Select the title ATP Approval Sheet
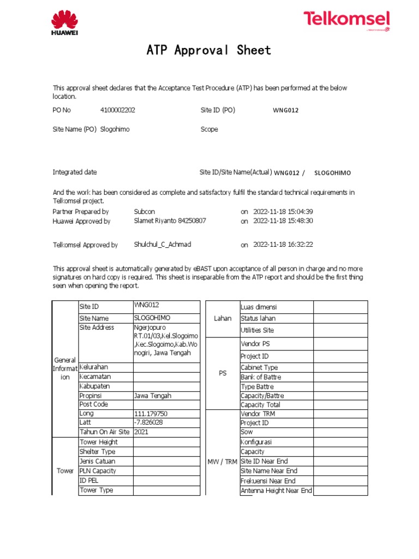point(209,51)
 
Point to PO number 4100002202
point(117,110)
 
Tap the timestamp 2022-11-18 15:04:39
point(283,211)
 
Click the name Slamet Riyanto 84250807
point(170,221)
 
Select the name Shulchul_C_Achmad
point(163,245)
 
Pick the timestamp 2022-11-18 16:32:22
point(283,245)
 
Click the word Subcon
point(145,211)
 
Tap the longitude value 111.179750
point(151,414)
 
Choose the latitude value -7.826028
point(148,423)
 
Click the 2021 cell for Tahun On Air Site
point(141,432)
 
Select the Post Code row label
point(94,405)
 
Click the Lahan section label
point(223,318)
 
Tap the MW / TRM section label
point(222,462)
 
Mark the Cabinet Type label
point(259,368)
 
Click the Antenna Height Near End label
point(276,491)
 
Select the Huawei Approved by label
point(81,221)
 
